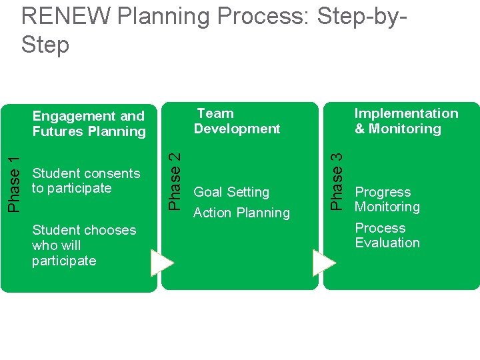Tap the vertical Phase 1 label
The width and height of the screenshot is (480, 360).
click(15, 180)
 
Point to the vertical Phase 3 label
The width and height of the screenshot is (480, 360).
click(338, 180)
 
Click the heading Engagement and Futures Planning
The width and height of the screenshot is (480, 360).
click(89, 124)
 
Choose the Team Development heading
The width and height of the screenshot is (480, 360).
click(237, 121)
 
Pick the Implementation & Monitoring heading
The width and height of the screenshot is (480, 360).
click(406, 121)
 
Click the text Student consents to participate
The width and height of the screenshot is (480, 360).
click(85, 181)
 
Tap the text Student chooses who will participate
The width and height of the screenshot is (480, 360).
click(83, 245)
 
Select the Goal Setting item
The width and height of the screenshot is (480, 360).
click(231, 192)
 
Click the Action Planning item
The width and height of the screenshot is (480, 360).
click(241, 213)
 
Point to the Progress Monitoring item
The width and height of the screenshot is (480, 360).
click(387, 199)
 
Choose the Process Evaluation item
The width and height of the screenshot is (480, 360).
click(387, 235)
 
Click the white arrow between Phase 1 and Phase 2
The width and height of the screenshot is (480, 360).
click(162, 263)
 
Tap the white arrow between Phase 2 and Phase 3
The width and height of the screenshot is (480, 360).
click(324, 263)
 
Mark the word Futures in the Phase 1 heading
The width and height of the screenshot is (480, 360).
click(56, 131)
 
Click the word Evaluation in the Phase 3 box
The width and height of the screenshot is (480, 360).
click(387, 243)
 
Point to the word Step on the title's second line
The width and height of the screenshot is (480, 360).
click(45, 45)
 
